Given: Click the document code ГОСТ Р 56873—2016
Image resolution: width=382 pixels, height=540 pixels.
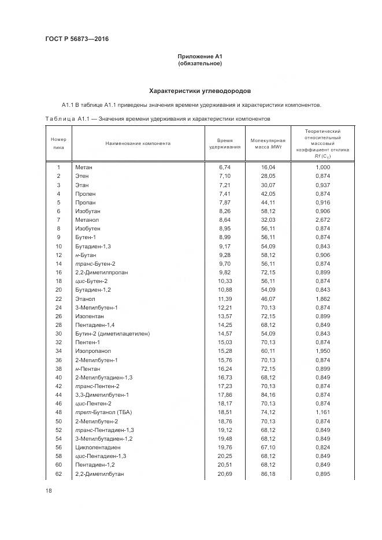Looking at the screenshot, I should point(77,39).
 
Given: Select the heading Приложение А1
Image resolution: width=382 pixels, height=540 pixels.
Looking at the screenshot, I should point(200,56).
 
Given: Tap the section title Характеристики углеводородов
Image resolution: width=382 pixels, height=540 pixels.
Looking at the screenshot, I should point(200,91).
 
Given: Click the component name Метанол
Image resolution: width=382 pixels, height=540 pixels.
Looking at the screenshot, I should point(87,220).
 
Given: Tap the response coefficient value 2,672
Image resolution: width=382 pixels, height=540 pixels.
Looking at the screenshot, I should point(322,220).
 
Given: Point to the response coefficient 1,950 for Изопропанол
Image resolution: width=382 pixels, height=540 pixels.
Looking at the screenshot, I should point(322,351).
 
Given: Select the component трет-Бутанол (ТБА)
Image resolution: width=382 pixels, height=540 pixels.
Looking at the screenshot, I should point(102,413).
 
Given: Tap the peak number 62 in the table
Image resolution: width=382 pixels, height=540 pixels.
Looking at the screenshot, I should point(59,474).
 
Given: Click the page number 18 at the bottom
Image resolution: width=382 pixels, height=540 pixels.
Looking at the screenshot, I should point(49,490).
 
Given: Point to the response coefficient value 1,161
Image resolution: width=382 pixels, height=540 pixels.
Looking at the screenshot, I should point(322,413).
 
